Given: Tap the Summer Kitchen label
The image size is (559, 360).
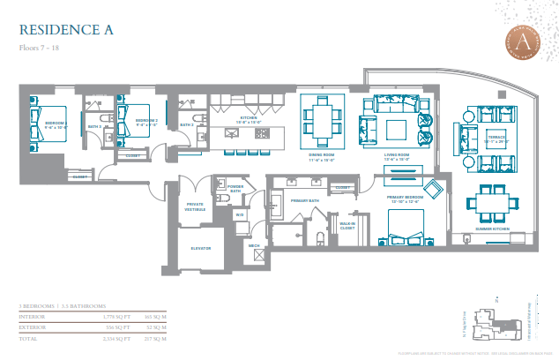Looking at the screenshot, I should pyautogui.click(x=493, y=229).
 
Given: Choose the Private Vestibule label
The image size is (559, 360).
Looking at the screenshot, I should pyautogui.click(x=195, y=206).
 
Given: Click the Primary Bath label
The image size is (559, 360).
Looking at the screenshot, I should pyautogui.click(x=304, y=200).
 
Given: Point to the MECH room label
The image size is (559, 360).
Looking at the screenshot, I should pyautogui.click(x=253, y=246).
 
